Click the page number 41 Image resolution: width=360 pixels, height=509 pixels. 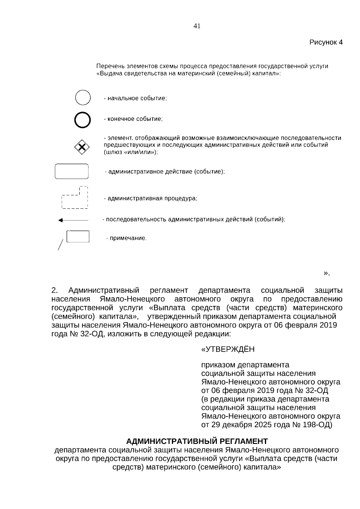coord(197,26)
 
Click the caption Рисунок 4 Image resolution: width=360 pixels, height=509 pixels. coord(326,42)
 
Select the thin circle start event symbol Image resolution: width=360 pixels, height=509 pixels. coord(82,97)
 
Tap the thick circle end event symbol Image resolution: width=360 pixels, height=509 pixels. coord(82,120)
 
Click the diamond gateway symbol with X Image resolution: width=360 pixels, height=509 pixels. coord(82,147)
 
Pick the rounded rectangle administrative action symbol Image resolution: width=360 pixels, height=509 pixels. coord(72,171)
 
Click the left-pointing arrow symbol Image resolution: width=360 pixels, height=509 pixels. coord(73,220)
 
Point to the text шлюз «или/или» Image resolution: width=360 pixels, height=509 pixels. coord(131,152)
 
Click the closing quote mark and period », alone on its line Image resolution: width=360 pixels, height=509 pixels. coord(326,273)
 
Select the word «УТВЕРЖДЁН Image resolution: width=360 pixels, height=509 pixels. coord(228,349)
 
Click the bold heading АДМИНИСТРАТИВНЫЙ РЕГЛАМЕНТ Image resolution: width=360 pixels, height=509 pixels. coord(197,441)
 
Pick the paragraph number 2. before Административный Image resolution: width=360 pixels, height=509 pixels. coord(55,290)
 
